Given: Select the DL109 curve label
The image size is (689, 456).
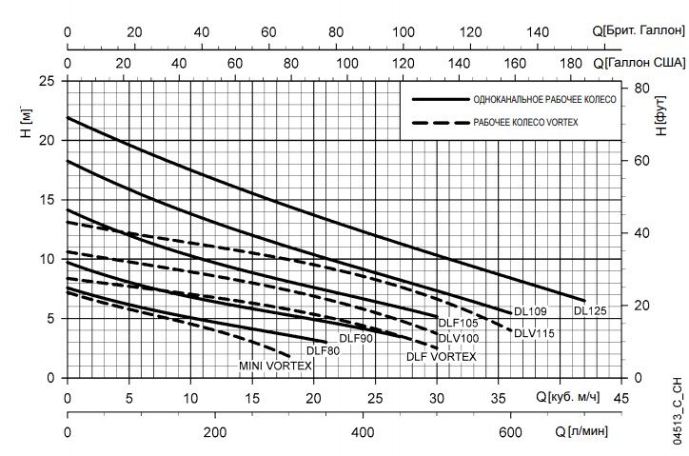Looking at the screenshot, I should pos(530,310).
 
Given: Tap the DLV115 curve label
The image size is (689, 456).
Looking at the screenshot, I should pos(534,333).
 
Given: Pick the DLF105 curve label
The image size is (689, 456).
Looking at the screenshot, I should pos(458,324).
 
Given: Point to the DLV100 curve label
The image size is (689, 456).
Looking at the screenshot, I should pos(458,338).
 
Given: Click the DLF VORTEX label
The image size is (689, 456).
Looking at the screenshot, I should pos(441,356).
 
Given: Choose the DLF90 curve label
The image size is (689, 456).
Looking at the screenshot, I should pos(355,338).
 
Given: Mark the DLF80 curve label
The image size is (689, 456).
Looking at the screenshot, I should pos(322,350).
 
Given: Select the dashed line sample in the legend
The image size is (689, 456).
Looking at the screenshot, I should pos(440,123).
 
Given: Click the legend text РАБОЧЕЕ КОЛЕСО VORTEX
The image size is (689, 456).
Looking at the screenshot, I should pos(525,123).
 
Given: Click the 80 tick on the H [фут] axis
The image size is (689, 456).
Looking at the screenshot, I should pos(642,87).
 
